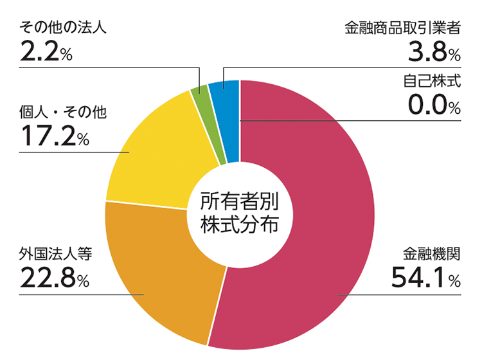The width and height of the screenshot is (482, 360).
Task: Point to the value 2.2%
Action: (46, 51)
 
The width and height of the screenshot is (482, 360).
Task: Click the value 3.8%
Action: (434, 51)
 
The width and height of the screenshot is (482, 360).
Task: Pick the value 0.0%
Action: (434, 105)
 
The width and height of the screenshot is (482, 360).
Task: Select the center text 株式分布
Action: (239, 226)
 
